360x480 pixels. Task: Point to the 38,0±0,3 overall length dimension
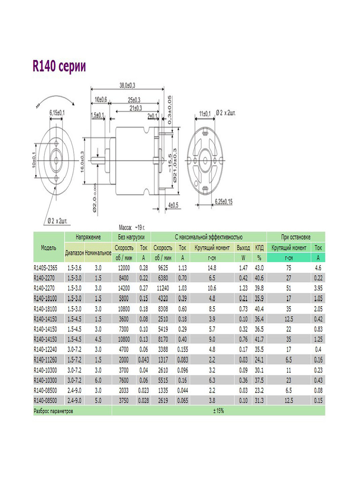[127, 85]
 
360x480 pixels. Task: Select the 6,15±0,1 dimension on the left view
[57, 113]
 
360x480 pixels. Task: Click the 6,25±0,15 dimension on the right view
[224, 201]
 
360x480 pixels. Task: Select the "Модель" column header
[49, 247]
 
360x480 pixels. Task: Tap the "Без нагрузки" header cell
[131, 237]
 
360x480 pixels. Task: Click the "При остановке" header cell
[296, 237]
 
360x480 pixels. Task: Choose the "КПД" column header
[259, 247]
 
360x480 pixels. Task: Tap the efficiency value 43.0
[259, 268]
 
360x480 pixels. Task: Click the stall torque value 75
[289, 268]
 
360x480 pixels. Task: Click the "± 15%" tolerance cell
[218, 411]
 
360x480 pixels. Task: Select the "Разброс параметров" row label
[54, 411]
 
